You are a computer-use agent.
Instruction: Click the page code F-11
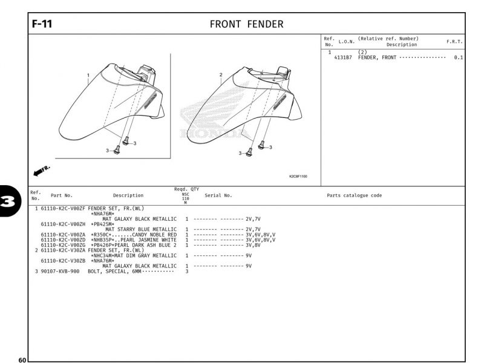click(42, 24)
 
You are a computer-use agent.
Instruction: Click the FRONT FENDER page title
click(246, 24)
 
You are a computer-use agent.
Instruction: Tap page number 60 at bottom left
click(22, 360)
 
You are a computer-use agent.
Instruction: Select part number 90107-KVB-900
click(60, 271)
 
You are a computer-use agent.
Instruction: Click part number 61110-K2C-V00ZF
click(63, 208)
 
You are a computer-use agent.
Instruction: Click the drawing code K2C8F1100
click(298, 177)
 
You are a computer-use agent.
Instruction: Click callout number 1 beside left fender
click(88, 76)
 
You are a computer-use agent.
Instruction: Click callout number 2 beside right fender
click(221, 75)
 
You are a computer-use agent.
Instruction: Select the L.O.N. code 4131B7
click(343, 57)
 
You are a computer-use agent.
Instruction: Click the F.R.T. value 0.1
click(458, 57)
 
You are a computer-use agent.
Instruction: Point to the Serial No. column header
click(218, 195)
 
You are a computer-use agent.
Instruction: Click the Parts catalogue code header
click(354, 195)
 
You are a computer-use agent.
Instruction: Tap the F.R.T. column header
click(454, 42)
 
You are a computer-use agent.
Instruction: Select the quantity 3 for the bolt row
click(187, 271)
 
